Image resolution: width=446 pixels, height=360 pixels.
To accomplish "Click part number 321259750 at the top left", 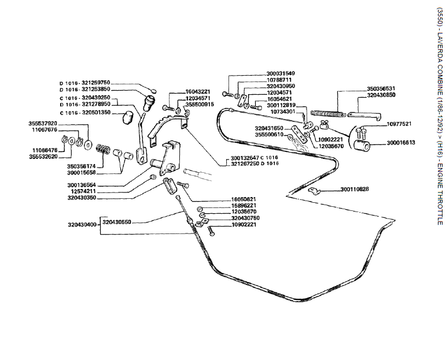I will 95,83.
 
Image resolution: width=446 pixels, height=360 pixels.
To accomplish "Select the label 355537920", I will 43,123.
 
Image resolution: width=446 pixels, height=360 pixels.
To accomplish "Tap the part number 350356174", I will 79,166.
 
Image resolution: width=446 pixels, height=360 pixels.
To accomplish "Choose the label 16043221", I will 198,92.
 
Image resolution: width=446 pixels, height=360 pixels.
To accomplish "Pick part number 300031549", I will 281,73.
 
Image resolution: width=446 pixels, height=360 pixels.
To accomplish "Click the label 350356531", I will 381,88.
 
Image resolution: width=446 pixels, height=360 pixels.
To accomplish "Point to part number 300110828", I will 355,189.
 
